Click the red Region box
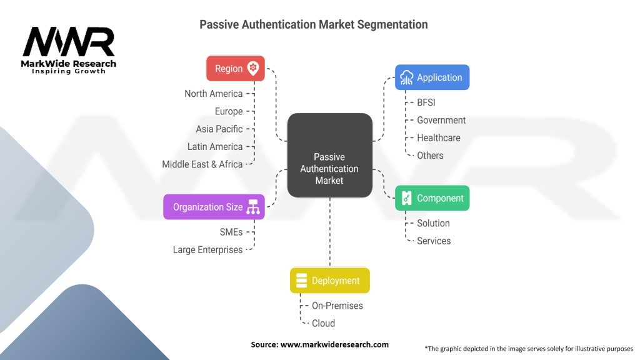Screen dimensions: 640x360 pos(236,68)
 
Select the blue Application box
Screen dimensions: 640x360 pos(432,77)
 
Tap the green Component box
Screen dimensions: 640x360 pos(432,198)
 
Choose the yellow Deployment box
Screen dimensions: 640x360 pos(330,281)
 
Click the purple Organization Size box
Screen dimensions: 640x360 pos(214,207)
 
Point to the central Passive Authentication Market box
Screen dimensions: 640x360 pos(330,156)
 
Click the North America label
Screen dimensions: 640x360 pos(214,94)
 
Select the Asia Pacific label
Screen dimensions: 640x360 pos(219,129)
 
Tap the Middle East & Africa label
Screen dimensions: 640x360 pos(202,164)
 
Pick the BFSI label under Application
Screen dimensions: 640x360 pos(426,102)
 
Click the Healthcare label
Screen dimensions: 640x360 pos(439,138)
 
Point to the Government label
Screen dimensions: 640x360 pos(441,120)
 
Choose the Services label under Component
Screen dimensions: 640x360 pos(434,241)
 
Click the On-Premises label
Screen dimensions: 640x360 pos(337,306)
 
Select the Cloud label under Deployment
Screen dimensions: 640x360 pos(323,323)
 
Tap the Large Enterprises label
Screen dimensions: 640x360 pos(207,250)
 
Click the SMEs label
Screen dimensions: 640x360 pos(231,232)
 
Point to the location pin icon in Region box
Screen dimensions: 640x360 pos(253,68)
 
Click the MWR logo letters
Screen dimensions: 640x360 pos(69,42)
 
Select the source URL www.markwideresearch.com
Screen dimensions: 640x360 pos(335,344)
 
